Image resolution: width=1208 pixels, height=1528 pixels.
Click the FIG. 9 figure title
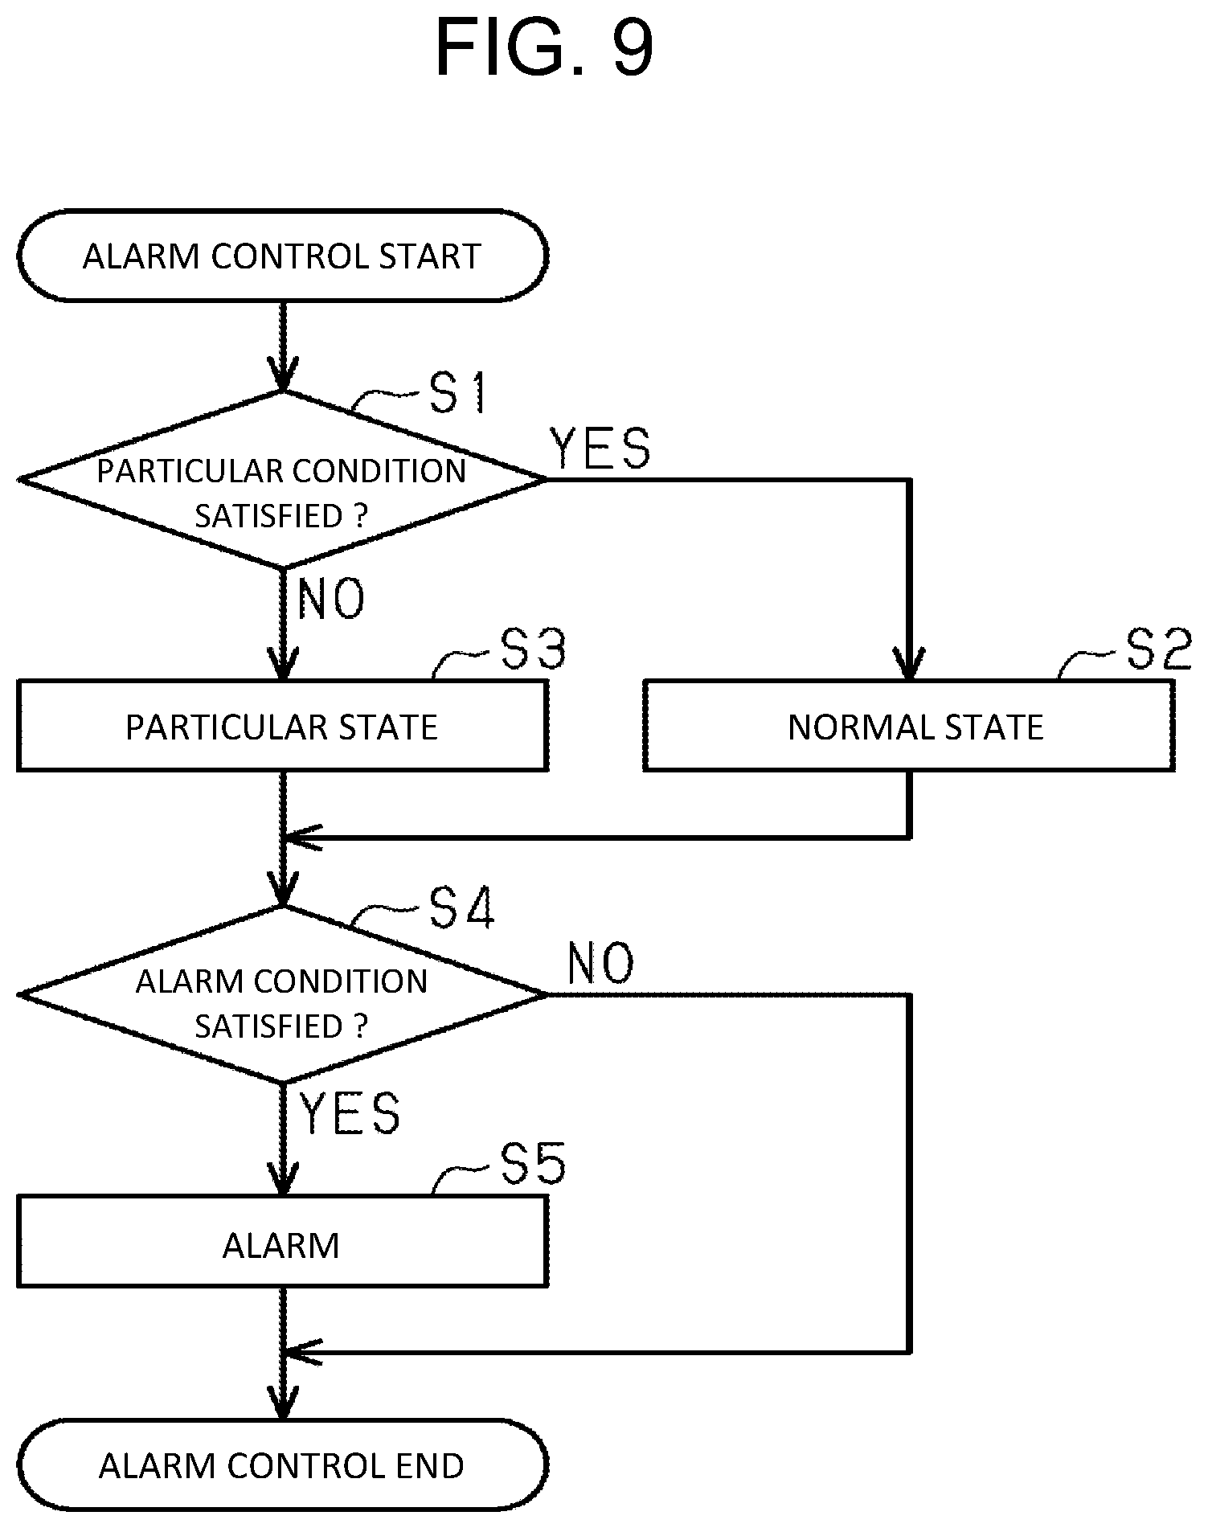tap(544, 47)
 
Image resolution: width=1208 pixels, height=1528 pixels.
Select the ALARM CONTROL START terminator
tap(282, 256)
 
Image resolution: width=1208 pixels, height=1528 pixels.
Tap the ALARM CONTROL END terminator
tap(282, 1465)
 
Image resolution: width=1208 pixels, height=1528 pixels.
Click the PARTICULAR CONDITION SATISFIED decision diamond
tap(282, 480)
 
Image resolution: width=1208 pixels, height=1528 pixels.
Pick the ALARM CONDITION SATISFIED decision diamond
tap(282, 995)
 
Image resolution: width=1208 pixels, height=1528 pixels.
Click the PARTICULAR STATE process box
tap(282, 726)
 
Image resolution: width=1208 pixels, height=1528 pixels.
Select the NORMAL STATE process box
tap(909, 726)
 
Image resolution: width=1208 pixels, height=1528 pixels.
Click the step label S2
tap(1157, 649)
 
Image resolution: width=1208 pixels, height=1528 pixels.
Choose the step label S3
tap(533, 649)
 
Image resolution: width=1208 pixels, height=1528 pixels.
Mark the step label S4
tap(461, 907)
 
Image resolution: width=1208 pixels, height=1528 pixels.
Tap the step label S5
tap(533, 1164)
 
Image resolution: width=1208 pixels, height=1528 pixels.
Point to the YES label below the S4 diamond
tap(350, 1114)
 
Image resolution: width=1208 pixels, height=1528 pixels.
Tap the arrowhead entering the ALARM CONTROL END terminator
tap(282, 1403)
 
